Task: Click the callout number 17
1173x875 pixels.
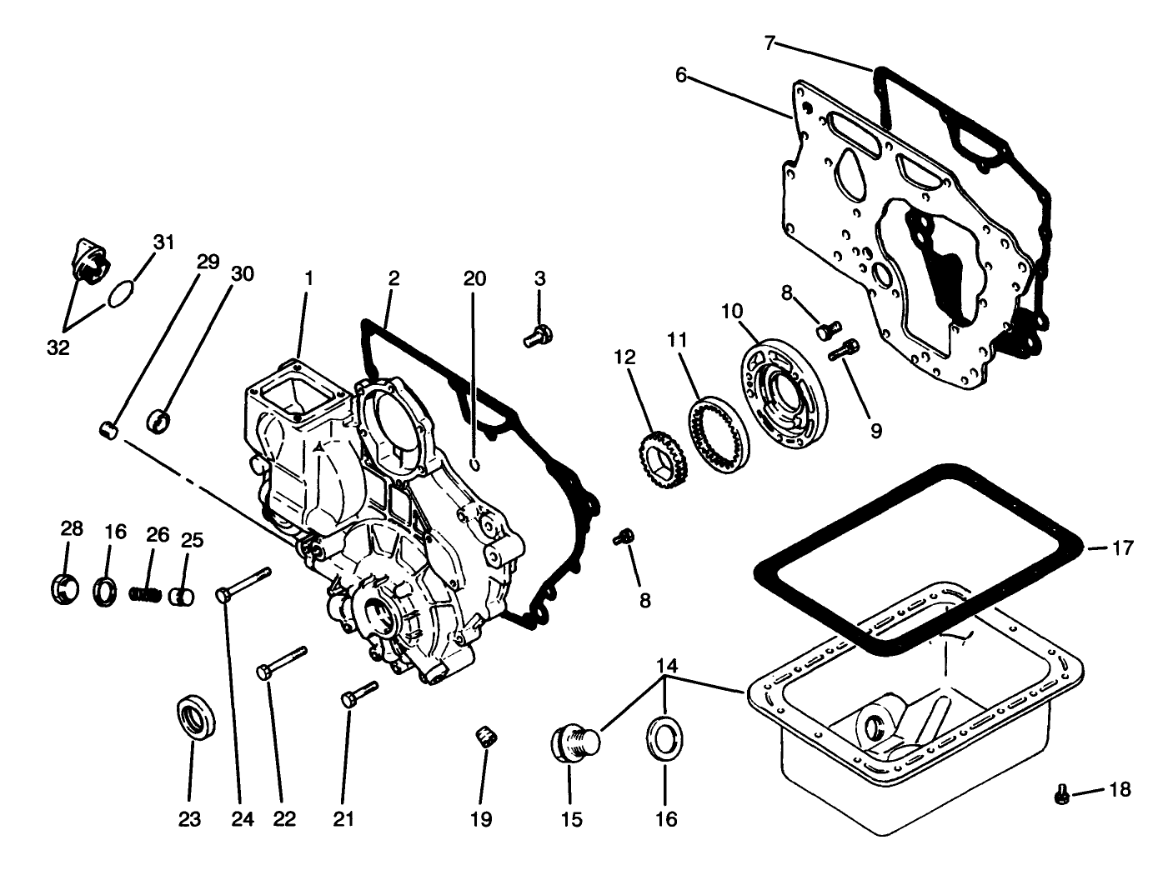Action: [1122, 548]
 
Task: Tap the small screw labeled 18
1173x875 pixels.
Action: [1062, 795]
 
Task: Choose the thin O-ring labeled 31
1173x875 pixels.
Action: [122, 294]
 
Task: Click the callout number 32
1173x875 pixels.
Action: [58, 347]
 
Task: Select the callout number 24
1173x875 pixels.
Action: [242, 819]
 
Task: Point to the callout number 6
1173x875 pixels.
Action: [681, 76]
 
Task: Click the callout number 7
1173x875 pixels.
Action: [770, 42]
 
